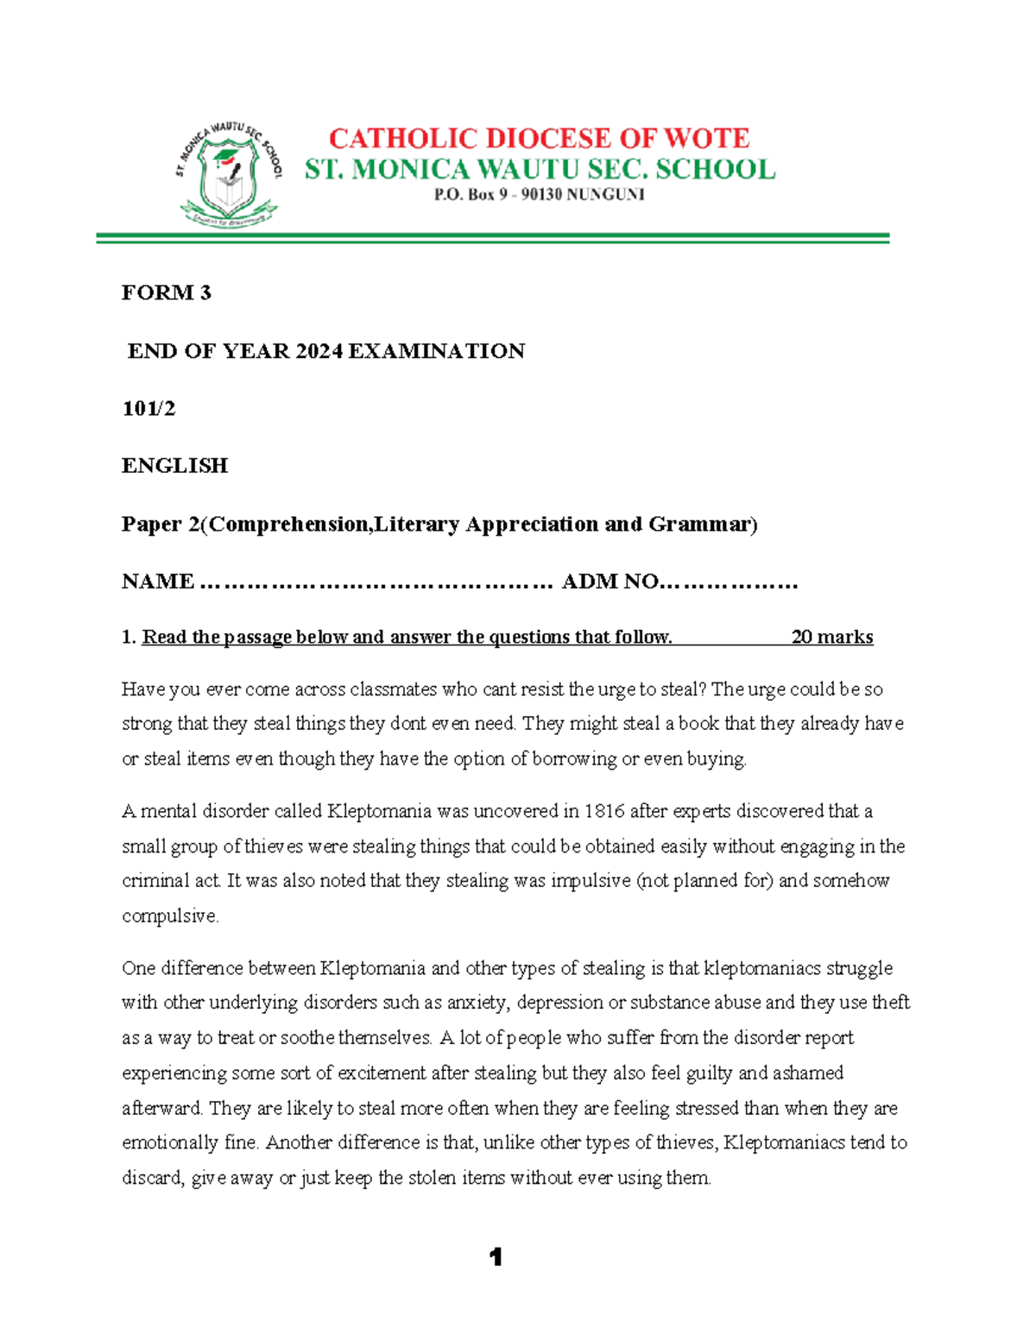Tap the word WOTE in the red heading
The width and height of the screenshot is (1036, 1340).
(706, 138)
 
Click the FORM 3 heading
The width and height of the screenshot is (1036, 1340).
(166, 293)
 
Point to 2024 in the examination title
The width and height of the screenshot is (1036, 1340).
(319, 351)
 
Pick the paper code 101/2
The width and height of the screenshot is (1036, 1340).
(148, 408)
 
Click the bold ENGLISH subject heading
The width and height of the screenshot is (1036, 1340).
(174, 466)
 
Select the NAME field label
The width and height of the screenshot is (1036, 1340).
(158, 582)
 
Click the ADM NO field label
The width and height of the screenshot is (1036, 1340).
(610, 582)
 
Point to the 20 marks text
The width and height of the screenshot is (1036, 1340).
(831, 637)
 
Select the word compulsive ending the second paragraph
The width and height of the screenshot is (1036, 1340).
(170, 916)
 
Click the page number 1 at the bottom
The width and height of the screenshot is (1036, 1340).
(496, 1257)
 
